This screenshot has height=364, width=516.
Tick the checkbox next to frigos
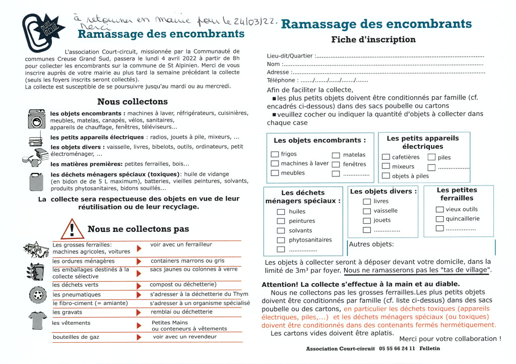click(275, 154)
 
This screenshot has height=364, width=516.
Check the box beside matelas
click(336, 155)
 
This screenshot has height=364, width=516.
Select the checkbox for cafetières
click(386, 157)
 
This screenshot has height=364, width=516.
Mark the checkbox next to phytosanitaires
click(281, 240)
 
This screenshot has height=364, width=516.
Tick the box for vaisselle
click(367, 211)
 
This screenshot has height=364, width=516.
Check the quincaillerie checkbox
click(439, 219)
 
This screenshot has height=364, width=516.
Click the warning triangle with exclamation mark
click(72, 229)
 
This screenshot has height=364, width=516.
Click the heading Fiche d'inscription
click(373, 39)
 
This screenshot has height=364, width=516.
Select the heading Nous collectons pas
click(138, 229)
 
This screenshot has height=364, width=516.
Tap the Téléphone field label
click(281, 80)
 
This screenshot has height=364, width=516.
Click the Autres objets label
click(371, 245)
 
